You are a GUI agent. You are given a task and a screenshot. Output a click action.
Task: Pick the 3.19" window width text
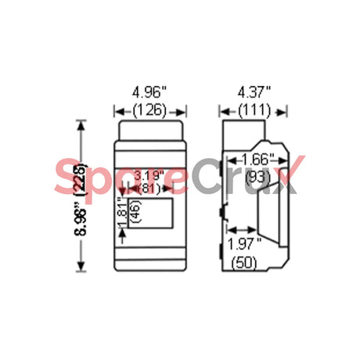click(x=149, y=175)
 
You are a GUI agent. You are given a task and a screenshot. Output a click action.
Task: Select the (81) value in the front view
click(x=149, y=188)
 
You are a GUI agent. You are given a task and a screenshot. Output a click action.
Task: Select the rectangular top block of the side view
click(x=245, y=128)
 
